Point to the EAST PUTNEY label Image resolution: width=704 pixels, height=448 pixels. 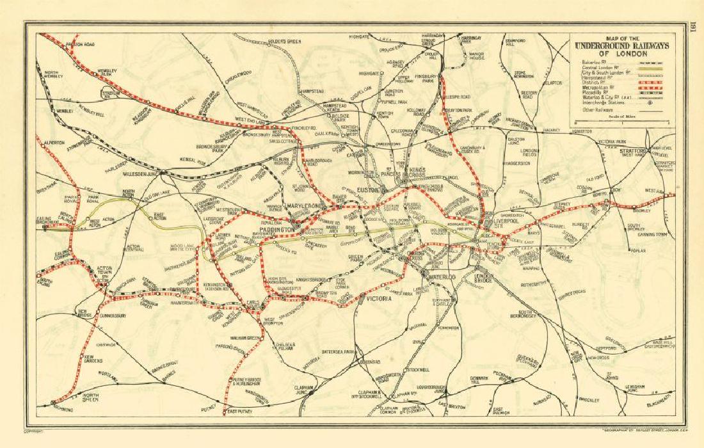tap(241, 411)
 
